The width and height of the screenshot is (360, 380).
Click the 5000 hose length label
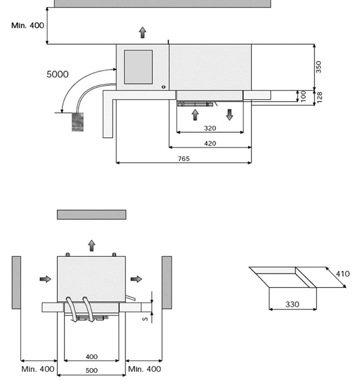(57, 74)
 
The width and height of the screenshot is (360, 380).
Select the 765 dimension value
(184, 159)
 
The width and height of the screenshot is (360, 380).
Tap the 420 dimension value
(210, 143)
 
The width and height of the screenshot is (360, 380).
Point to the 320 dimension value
(210, 129)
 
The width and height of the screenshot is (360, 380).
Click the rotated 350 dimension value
(319, 67)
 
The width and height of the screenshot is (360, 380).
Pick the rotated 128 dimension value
(319, 97)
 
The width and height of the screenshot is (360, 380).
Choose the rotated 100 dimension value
(304, 96)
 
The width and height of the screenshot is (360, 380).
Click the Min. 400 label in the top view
(28, 26)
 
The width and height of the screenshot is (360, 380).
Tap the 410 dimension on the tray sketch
(342, 274)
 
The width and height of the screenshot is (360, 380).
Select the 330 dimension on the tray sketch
(292, 305)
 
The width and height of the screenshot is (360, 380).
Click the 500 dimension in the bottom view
(92, 371)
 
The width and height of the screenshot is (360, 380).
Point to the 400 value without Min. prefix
(92, 357)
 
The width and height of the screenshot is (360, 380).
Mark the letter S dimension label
(145, 319)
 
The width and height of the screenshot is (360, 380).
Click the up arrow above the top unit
(143, 33)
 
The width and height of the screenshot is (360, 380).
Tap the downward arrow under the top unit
(230, 114)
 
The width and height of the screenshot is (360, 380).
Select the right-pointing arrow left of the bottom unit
(46, 279)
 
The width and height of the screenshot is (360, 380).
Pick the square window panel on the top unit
(138, 67)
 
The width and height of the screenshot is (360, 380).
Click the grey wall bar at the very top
(162, 3)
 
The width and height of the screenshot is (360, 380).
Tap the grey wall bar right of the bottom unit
(167, 282)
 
